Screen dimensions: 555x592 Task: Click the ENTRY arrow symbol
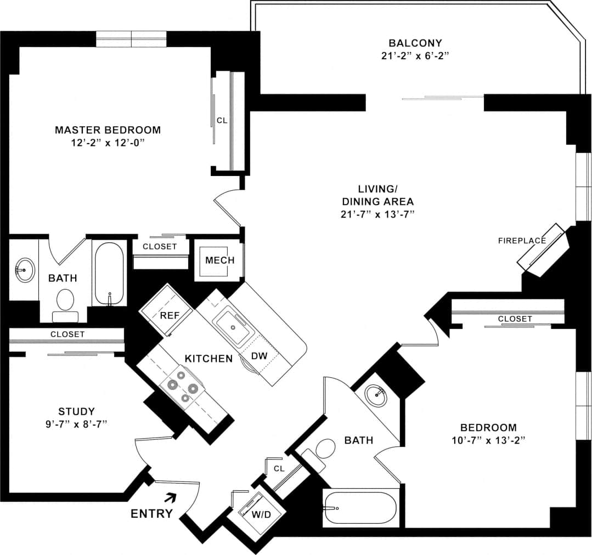point(171,497)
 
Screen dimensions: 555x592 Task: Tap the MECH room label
point(219,260)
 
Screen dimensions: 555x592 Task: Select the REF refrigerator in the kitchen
point(167,315)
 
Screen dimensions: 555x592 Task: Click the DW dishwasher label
point(259,356)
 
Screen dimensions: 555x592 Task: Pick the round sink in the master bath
point(24,270)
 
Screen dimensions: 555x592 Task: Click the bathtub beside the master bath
point(110,273)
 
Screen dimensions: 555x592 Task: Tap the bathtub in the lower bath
point(360,508)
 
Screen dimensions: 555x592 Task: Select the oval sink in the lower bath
point(376,395)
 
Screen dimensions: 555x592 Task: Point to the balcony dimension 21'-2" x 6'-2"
point(415,55)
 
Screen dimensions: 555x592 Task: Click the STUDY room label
point(76,411)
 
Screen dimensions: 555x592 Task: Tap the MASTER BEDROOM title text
point(108,130)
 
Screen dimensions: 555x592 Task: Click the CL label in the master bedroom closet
point(222,120)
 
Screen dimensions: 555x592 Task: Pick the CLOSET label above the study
point(67,334)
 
